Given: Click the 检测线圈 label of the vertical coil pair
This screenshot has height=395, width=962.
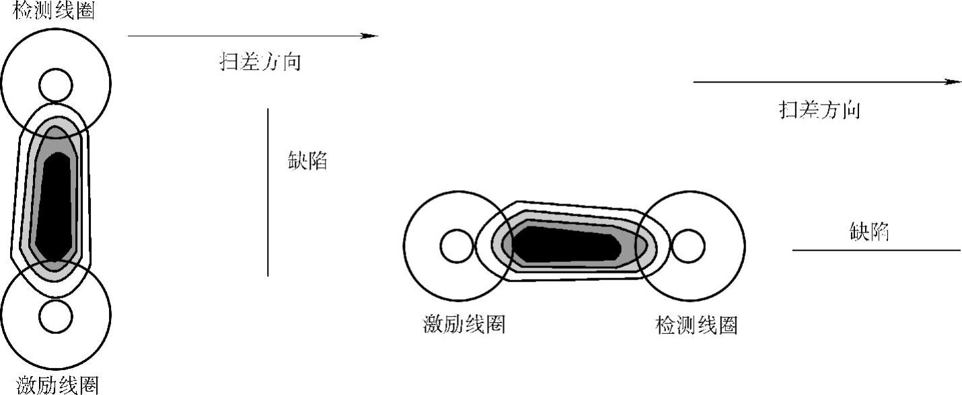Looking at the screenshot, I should point(54,11).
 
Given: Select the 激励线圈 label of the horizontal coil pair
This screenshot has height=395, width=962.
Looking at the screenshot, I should point(464,325).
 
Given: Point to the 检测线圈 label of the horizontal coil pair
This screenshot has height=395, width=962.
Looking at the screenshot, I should point(696,325).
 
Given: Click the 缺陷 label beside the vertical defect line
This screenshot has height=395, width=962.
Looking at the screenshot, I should point(307,161).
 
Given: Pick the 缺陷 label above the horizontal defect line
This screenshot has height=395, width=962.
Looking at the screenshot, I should point(869,232).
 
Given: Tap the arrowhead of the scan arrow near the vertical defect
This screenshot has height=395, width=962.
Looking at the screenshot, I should point(371,36).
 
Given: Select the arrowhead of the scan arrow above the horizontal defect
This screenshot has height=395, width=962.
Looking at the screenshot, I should point(954,82).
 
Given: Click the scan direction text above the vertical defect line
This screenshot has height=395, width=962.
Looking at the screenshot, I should point(260,62).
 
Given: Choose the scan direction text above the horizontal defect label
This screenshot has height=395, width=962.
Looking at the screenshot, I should point(819,109).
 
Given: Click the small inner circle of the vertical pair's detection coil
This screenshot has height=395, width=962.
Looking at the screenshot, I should point(55,85).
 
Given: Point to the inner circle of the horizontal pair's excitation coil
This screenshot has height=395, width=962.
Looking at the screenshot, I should point(457,247).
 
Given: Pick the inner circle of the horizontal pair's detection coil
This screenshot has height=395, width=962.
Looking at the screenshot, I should point(688,247).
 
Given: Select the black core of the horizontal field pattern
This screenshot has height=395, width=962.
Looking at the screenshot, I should point(565,244).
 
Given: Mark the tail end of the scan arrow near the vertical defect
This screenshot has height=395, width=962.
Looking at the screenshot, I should point(129,36).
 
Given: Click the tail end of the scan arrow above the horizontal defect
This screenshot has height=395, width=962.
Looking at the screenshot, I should point(695,82).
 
